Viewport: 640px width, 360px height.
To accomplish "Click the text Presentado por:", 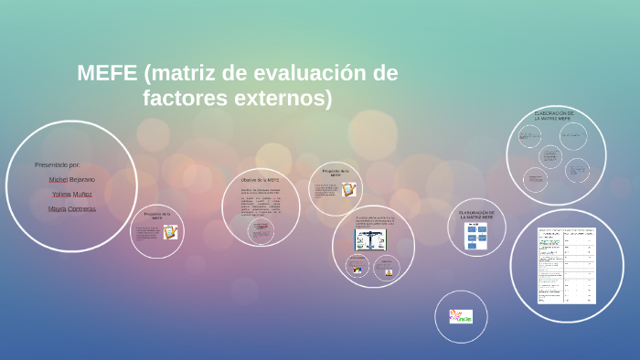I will [57, 164].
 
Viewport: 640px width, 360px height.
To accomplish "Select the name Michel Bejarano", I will [71, 179].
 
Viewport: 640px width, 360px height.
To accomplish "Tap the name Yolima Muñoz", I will [72, 194].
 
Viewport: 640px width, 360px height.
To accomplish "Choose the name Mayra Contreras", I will [72, 208].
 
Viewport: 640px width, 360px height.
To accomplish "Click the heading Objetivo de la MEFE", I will [261, 180].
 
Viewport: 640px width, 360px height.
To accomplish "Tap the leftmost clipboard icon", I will [170, 232].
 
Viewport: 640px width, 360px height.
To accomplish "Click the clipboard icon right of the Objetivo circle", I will [348, 189].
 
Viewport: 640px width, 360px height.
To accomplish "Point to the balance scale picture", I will [372, 239].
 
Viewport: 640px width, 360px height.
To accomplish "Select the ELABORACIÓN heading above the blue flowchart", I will [476, 214].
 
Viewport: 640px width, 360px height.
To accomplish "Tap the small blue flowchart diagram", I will [477, 237].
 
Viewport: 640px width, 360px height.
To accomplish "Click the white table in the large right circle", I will [566, 266].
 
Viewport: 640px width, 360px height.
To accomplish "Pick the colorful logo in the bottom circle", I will [461, 316].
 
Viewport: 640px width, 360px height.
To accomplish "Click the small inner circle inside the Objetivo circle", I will [261, 231].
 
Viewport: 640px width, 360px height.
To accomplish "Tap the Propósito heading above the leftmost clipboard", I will [156, 216].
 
